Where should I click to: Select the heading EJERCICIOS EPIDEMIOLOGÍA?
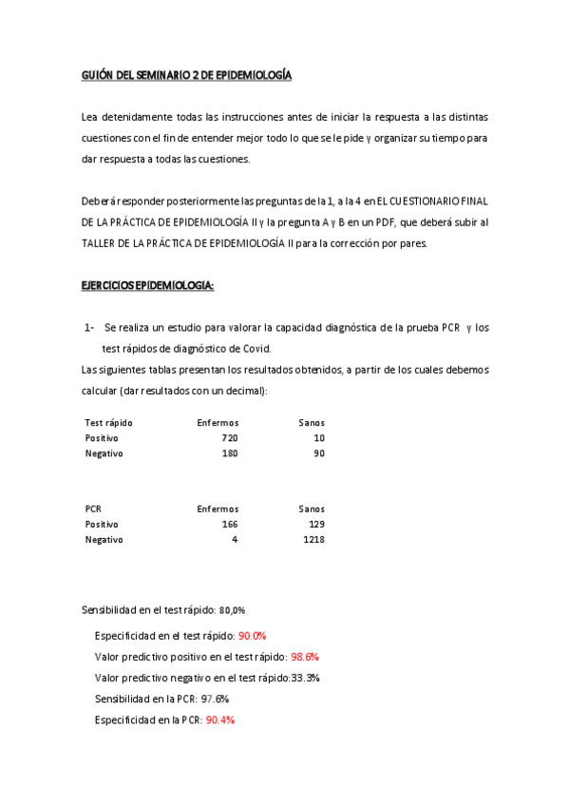tap(147, 285)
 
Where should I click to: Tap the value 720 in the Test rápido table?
tap(229, 438)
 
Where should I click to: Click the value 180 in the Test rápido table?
tap(229, 453)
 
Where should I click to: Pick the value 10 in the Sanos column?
tap(319, 438)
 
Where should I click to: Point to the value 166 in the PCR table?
tap(229, 524)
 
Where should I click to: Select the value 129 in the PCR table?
tap(317, 524)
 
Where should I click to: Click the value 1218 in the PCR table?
tap(314, 540)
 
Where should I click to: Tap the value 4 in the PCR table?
tap(235, 540)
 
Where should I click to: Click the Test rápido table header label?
tap(108, 422)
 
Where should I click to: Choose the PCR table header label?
tap(93, 509)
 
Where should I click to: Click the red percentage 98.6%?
tap(305, 657)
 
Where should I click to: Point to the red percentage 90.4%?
tap(220, 720)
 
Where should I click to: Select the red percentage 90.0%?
tap(253, 636)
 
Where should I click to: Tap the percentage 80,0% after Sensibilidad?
tap(233, 610)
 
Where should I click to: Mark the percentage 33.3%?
tap(306, 678)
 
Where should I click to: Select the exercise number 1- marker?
tap(88, 328)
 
